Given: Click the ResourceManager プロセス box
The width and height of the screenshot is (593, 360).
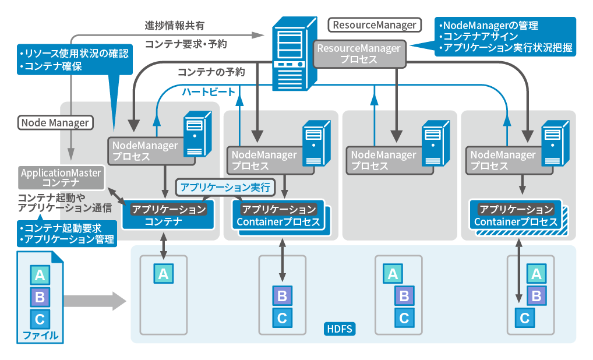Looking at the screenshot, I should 358,54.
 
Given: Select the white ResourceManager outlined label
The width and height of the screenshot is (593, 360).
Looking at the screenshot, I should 375,25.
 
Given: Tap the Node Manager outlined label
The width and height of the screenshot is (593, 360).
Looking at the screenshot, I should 55,123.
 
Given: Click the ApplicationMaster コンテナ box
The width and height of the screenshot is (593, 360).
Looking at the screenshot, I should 61,178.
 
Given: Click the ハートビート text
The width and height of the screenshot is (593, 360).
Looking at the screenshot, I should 208,92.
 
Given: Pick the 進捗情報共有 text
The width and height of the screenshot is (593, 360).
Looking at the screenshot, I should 174,26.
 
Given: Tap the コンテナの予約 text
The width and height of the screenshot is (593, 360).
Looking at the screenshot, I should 210,72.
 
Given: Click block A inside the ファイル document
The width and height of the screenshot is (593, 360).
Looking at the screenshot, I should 40,275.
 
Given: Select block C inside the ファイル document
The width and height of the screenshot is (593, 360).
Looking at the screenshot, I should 40,319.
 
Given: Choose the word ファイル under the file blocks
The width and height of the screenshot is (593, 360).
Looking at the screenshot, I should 40,336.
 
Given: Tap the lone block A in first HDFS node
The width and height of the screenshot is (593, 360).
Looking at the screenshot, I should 163,273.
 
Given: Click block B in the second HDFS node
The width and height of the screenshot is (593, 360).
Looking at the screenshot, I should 282,296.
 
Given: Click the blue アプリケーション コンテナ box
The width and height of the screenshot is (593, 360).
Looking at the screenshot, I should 164,216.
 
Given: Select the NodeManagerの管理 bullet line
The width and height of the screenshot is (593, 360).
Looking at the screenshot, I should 489,26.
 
